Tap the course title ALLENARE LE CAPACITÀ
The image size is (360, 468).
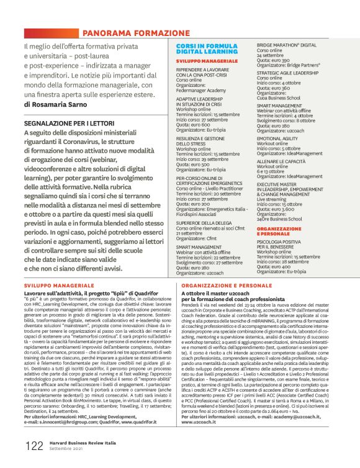point(282,161)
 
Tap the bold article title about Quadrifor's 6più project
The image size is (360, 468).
point(98,291)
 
